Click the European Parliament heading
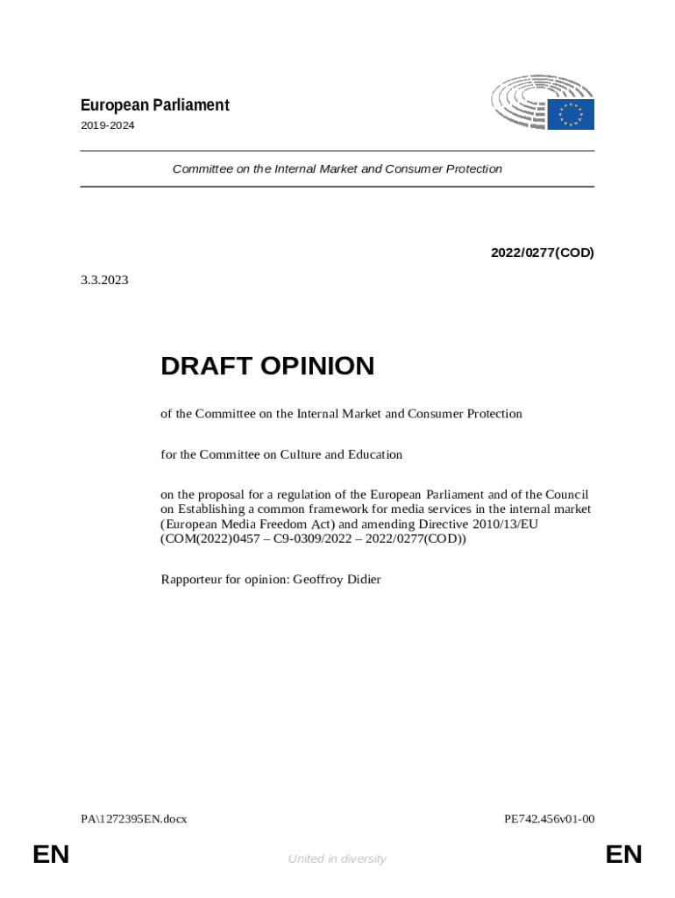(x=154, y=105)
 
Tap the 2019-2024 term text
(x=107, y=125)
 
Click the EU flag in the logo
(x=571, y=114)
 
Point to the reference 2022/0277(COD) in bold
(x=542, y=253)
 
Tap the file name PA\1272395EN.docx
(x=134, y=819)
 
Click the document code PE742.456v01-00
(x=549, y=819)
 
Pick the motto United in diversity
(x=337, y=859)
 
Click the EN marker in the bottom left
(x=51, y=855)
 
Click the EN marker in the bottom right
(x=623, y=855)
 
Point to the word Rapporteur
(x=193, y=580)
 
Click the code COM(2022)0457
(x=207, y=539)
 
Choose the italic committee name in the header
(x=337, y=168)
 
